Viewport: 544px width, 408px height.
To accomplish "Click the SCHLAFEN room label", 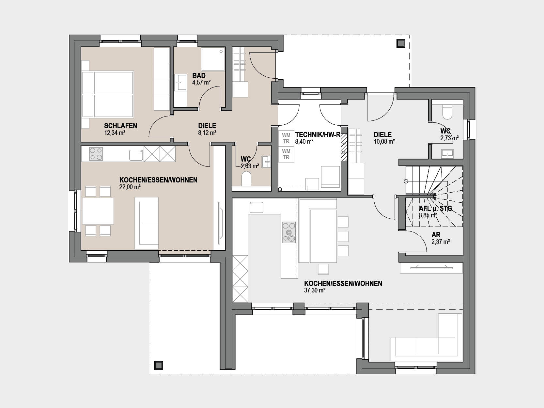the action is click(x=120, y=126).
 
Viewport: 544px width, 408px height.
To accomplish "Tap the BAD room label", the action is click(x=199, y=75).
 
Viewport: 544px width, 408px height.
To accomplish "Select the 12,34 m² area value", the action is click(x=115, y=133).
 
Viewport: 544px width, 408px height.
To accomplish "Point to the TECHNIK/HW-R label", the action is click(x=318, y=135).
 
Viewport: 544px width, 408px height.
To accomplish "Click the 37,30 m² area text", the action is click(x=315, y=290).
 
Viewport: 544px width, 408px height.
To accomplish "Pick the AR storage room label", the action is click(x=436, y=235).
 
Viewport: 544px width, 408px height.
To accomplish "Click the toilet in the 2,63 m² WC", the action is click(x=246, y=179).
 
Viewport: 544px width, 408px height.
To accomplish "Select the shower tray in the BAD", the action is click(x=213, y=59).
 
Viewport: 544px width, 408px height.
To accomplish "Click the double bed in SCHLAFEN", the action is click(x=108, y=94).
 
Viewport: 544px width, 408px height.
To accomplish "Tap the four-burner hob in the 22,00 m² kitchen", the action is click(x=96, y=154).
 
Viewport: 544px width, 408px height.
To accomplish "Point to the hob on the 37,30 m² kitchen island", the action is click(x=289, y=232).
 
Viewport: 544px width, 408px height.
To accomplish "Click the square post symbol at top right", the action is click(x=400, y=44).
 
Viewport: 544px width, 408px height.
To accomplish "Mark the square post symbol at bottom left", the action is click(x=158, y=365).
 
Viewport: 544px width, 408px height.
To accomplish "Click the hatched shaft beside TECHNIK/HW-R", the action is click(x=344, y=148).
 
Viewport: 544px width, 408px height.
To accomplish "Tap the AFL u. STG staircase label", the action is click(x=435, y=209).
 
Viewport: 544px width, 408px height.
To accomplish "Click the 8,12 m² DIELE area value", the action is click(x=207, y=133).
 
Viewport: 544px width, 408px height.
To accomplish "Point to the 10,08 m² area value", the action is click(x=384, y=142).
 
